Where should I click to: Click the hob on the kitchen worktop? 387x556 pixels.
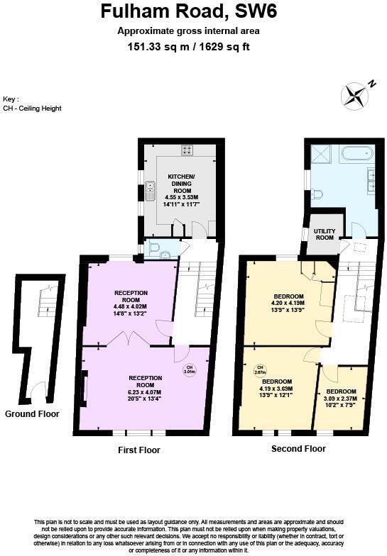(x=187, y=150)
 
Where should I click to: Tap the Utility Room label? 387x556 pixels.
(x=325, y=234)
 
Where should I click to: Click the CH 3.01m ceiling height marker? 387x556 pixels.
(x=189, y=369)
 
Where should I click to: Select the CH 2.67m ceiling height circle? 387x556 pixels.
(x=260, y=369)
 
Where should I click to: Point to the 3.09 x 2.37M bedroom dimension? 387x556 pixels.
(x=342, y=399)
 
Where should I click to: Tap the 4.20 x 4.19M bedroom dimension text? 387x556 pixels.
(x=289, y=304)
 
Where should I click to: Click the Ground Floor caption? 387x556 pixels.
(x=32, y=413)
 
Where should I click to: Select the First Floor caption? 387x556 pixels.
(x=138, y=450)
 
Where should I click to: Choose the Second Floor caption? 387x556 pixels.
(x=298, y=449)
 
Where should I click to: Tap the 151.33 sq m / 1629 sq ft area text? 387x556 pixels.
(x=187, y=47)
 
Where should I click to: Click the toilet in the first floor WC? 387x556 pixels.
(x=164, y=252)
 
